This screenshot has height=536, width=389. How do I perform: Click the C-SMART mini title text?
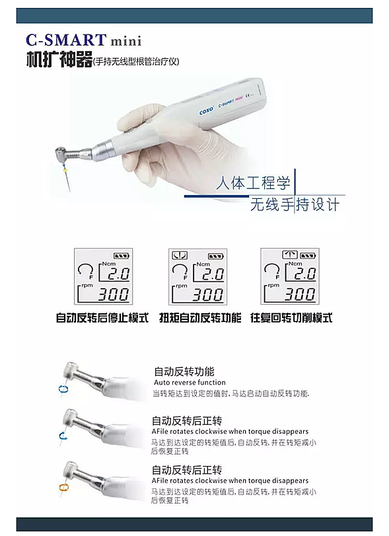point(84,40)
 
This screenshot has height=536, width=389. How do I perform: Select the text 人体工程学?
point(253,183)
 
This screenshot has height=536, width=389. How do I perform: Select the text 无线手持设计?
point(295,204)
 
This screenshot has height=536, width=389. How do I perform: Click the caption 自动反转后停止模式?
point(102,318)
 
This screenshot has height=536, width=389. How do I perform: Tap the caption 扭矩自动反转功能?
point(200,318)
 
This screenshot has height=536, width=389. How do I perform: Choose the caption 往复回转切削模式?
point(291,318)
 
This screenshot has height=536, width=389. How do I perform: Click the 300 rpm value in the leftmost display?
point(114,295)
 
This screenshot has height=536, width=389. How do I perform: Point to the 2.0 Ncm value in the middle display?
point(213,274)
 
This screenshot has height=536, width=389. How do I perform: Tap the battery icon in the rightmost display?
point(308,255)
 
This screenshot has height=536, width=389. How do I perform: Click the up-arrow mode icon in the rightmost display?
point(290,254)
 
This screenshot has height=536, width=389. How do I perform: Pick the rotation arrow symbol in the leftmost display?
point(84,270)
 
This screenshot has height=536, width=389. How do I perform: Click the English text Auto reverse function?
point(190,382)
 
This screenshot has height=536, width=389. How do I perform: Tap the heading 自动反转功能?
point(184,371)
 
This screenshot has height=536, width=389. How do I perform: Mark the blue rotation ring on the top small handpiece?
point(63,389)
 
